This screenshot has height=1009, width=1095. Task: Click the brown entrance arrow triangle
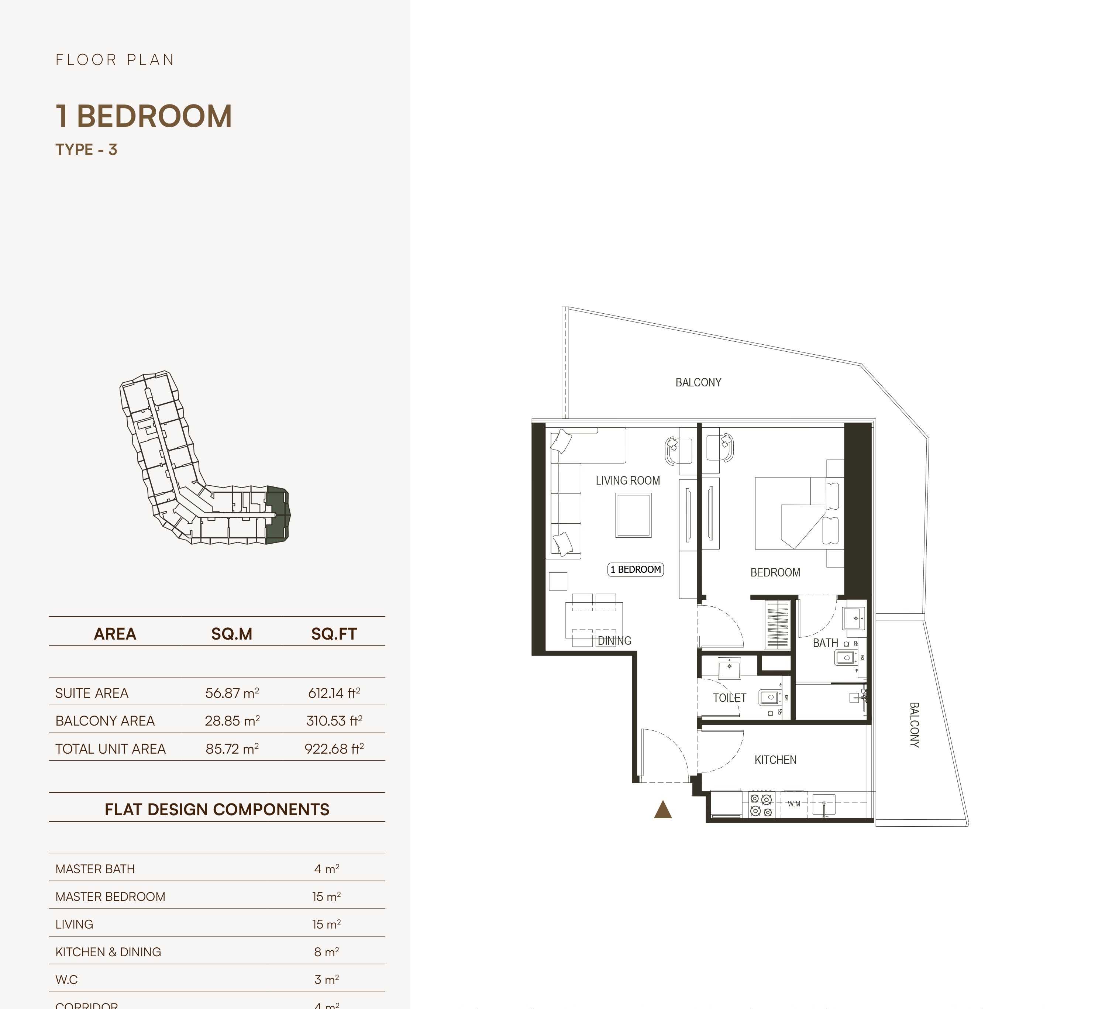pyautogui.click(x=663, y=810)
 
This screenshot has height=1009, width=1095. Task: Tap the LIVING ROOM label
pyautogui.click(x=628, y=481)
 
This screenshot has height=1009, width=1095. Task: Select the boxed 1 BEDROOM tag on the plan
pyautogui.click(x=636, y=569)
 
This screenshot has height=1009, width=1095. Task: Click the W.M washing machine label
pyautogui.click(x=794, y=804)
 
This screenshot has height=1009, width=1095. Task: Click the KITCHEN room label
pyautogui.click(x=775, y=760)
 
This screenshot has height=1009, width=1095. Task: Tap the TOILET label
pyautogui.click(x=729, y=698)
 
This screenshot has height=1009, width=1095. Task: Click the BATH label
pyautogui.click(x=825, y=643)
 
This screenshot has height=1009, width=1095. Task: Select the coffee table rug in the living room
pyautogui.click(x=633, y=515)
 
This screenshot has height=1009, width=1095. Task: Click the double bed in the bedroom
pyautogui.click(x=797, y=513)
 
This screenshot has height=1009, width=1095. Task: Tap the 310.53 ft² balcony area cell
pyautogui.click(x=334, y=721)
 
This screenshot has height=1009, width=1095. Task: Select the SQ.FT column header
pyautogui.click(x=334, y=634)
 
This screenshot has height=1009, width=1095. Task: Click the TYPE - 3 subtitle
pyautogui.click(x=86, y=149)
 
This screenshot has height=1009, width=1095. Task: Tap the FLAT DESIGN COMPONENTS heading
pyautogui.click(x=217, y=809)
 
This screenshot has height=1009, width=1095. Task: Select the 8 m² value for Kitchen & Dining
pyautogui.click(x=326, y=952)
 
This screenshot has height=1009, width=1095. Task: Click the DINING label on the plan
pyautogui.click(x=614, y=641)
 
